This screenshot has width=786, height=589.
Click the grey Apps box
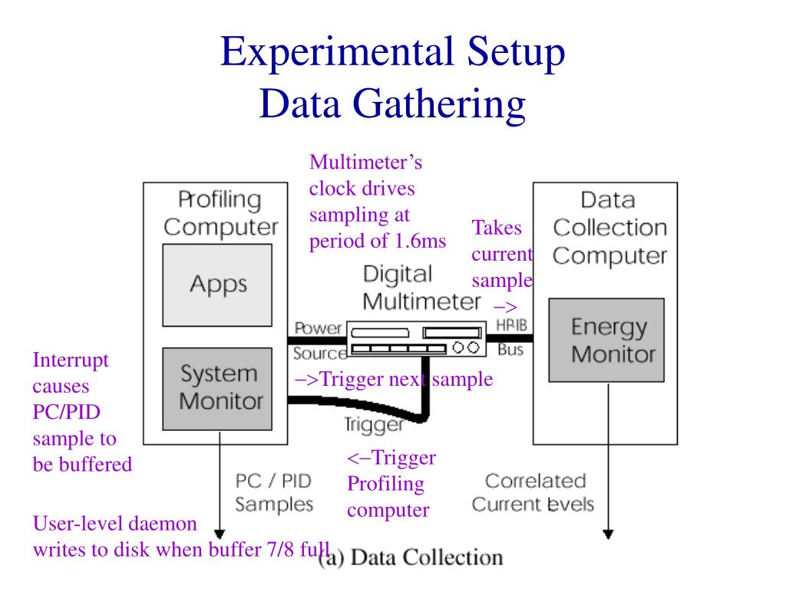point(217,285)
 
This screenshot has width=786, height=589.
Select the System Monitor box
point(217,388)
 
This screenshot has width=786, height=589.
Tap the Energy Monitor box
point(606,340)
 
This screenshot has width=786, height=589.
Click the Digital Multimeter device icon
point(418,340)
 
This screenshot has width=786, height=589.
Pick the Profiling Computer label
point(220,213)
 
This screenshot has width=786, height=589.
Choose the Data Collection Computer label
point(609,228)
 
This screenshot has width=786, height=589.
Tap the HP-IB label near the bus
point(512,325)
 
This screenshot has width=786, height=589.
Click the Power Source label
point(318,341)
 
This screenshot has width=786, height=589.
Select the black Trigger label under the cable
point(373,424)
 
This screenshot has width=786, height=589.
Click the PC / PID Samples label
point(273,492)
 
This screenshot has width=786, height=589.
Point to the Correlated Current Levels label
point(534,492)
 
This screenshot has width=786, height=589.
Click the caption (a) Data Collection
point(411,558)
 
